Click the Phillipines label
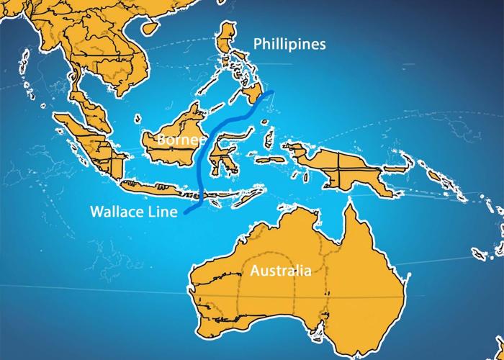tap(289, 45)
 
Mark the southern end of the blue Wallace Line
tap(185, 214)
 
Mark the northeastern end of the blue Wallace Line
tap(273, 92)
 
